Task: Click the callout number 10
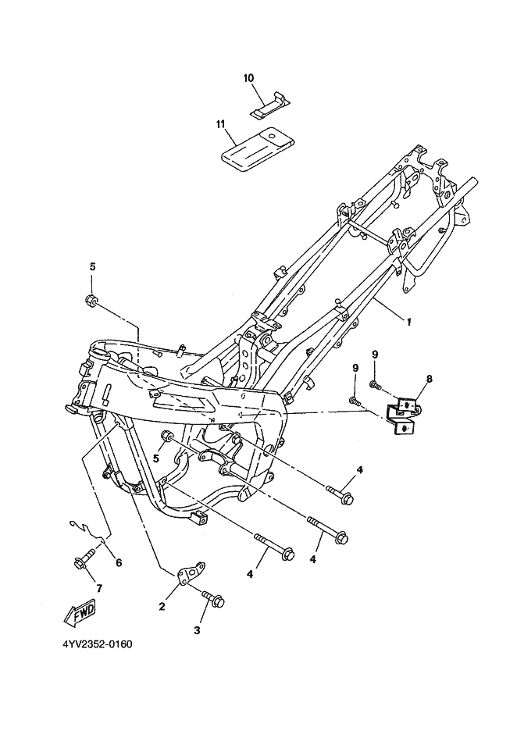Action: (248, 78)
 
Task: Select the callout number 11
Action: (220, 123)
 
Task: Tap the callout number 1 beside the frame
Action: (409, 322)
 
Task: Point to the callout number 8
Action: (429, 379)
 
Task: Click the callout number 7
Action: (99, 588)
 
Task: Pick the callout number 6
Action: (119, 563)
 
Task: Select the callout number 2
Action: (162, 607)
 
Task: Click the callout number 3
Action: (197, 630)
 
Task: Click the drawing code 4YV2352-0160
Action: (98, 644)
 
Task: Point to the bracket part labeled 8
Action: (401, 415)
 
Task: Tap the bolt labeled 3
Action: (212, 598)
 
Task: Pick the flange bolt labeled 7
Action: (84, 559)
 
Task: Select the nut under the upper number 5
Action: (91, 300)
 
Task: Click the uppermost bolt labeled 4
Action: (341, 494)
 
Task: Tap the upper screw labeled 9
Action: (376, 384)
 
